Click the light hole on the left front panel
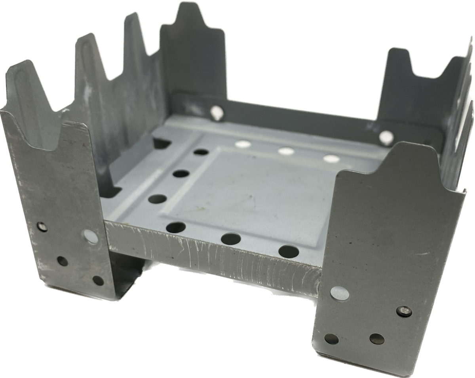click(91, 237)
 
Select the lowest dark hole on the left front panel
click(97, 281)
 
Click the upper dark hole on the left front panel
click(62, 260)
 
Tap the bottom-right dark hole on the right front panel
click(376, 338)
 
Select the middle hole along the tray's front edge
click(231, 239)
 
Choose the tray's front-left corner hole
click(176, 227)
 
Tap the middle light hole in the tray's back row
click(285, 151)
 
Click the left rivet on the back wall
click(215, 112)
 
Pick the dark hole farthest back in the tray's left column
click(201, 151)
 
